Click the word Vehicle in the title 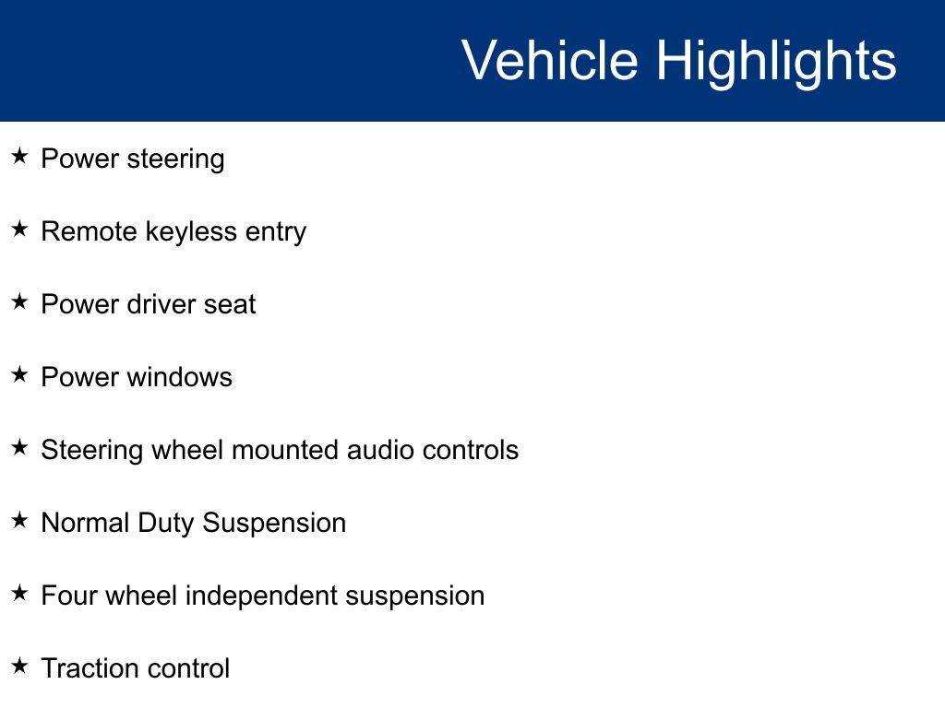tap(550, 59)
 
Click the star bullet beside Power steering tap(20, 157)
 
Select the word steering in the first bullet tap(175, 160)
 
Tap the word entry tap(275, 233)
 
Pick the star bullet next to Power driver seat tap(20, 301)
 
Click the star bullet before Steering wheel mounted tap(20, 447)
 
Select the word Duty tap(166, 525)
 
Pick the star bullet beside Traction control tap(20, 666)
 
